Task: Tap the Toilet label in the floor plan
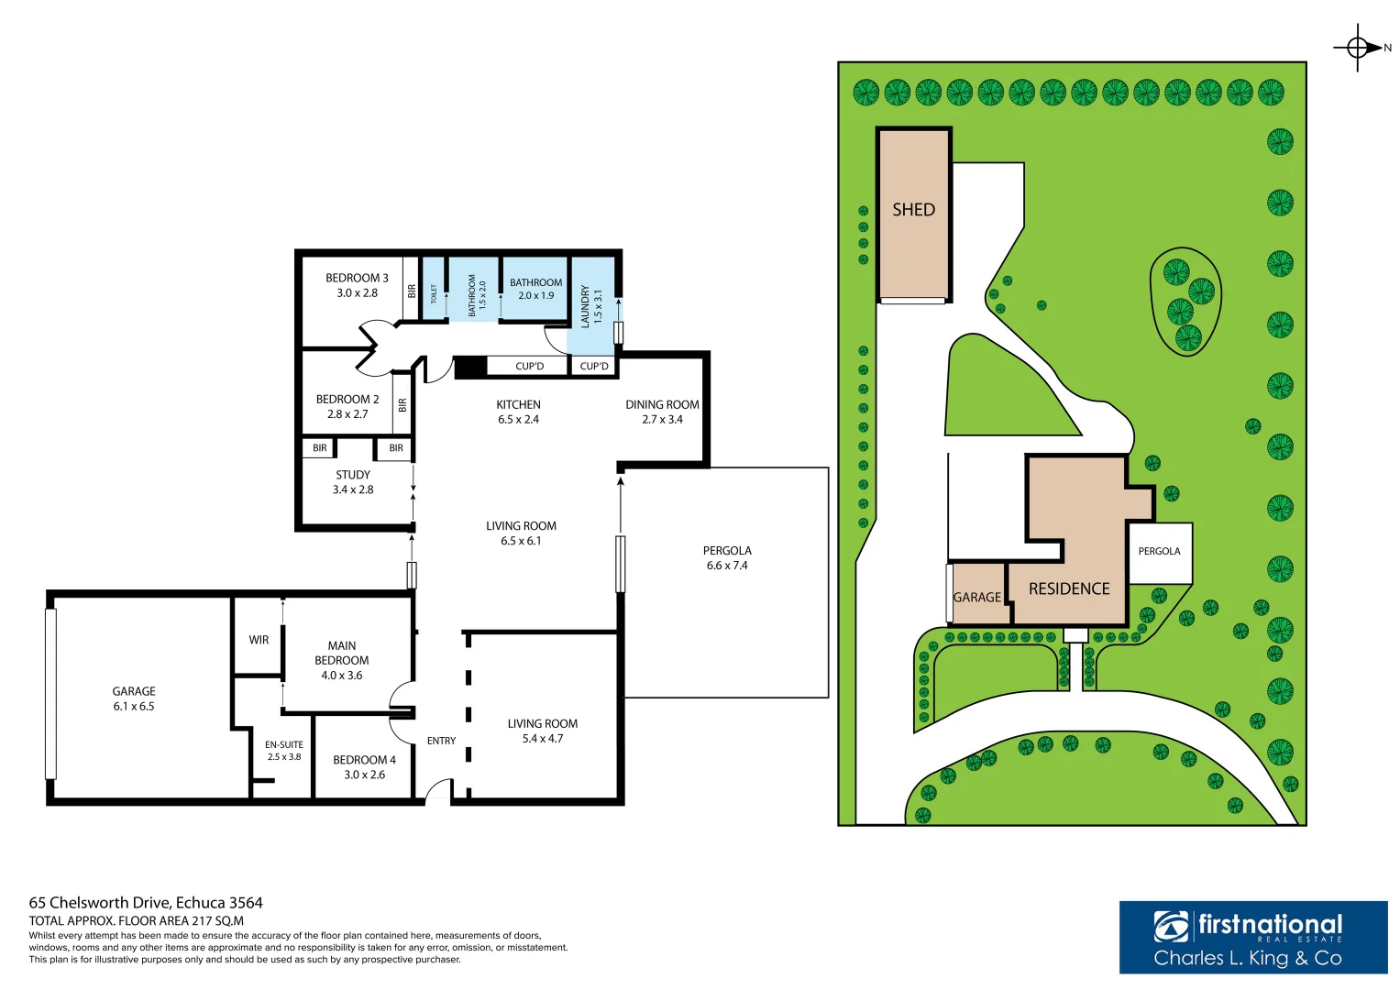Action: (434, 293)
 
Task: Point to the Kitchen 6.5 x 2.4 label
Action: (518, 412)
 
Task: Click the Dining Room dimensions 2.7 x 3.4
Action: (662, 420)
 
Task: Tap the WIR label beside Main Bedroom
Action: (259, 640)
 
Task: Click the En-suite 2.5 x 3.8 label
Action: (284, 751)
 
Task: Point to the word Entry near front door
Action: (441, 741)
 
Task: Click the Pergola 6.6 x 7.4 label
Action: (727, 558)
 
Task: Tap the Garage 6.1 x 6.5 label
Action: (134, 698)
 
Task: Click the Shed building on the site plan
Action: (914, 216)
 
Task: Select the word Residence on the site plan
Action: (1069, 589)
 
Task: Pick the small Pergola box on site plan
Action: (1160, 552)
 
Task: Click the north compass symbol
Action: (1358, 48)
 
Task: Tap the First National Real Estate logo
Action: (1252, 937)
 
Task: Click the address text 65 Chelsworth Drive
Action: (146, 903)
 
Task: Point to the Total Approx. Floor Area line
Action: (137, 920)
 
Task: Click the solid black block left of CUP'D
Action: (470, 367)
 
